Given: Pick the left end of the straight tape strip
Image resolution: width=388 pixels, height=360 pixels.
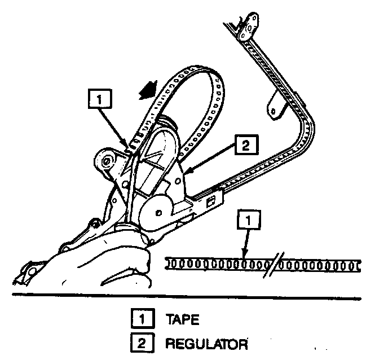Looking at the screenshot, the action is pos(169,264).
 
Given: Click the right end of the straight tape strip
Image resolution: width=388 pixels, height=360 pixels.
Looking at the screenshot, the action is pos(358,264).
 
